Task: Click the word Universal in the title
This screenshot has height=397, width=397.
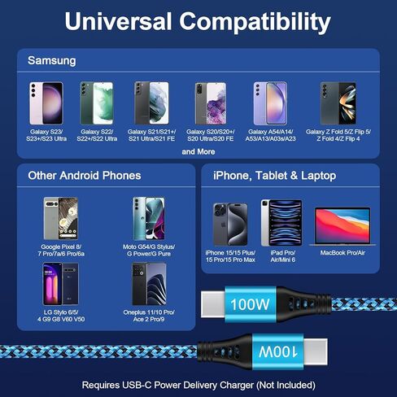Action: click(x=118, y=21)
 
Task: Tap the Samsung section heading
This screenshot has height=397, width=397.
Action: click(x=52, y=60)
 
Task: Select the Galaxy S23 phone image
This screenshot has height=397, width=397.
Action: click(x=46, y=103)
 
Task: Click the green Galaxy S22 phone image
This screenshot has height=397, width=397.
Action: click(x=97, y=103)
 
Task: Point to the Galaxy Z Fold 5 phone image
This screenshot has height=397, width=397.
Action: click(x=338, y=103)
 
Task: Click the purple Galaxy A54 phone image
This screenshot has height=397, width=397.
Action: click(x=270, y=103)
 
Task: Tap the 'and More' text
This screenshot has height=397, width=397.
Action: click(x=198, y=151)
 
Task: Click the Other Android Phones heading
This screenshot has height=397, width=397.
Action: click(x=85, y=176)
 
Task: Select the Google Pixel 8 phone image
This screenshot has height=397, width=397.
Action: click(x=61, y=219)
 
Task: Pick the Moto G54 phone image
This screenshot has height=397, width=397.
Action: click(x=149, y=219)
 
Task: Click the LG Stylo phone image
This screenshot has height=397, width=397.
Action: click(x=60, y=284)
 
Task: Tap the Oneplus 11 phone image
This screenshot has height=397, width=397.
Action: click(x=149, y=284)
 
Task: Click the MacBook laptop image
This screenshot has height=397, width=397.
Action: click(x=342, y=226)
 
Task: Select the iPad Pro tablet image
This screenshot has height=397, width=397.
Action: click(x=281, y=223)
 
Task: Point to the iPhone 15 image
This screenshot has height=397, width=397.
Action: click(x=230, y=225)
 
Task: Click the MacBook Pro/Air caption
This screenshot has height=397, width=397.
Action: click(x=342, y=253)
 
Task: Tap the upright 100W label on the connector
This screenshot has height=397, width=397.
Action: click(x=250, y=304)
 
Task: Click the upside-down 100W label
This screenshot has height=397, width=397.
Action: click(x=278, y=351)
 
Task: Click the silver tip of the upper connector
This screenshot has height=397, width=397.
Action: click(x=213, y=304)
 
